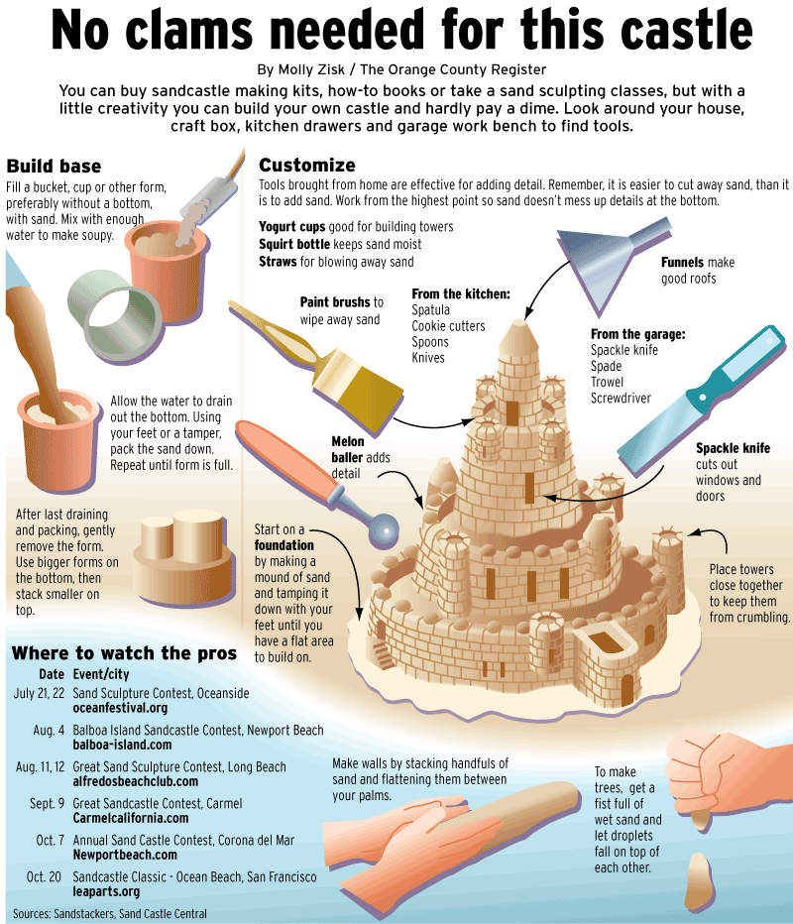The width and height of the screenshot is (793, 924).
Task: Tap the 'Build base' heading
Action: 54,167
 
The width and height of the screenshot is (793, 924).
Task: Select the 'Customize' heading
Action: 307,165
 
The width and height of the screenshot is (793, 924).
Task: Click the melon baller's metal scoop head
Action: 384,529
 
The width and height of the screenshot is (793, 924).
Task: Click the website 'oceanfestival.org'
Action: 120,708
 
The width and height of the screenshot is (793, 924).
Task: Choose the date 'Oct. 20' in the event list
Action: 45,876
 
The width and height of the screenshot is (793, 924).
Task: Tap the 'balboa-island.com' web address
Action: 123,745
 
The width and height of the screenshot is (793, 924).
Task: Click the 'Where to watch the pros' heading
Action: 124,653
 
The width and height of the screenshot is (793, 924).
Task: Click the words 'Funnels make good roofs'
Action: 698,271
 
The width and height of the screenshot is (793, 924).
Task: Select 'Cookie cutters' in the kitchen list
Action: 448,326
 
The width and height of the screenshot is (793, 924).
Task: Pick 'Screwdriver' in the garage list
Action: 621,399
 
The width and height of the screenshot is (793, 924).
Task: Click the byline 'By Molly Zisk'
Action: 301,69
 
